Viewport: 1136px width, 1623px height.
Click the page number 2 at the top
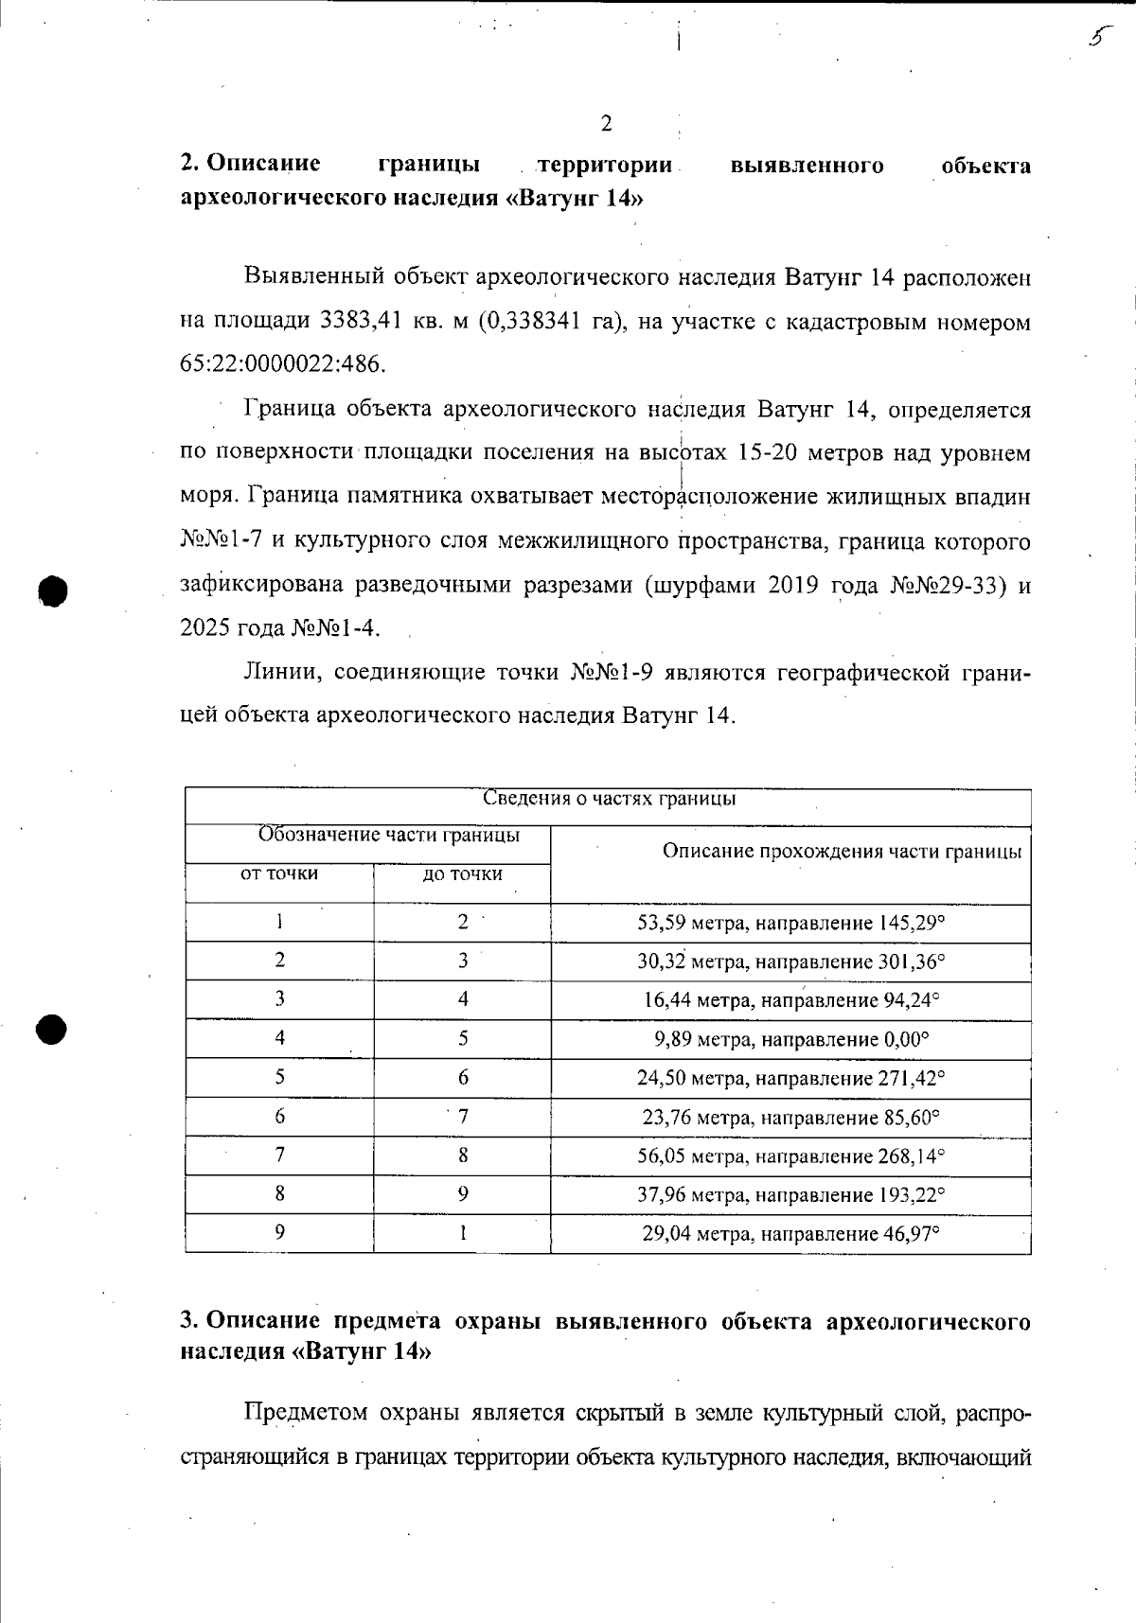[x=606, y=124]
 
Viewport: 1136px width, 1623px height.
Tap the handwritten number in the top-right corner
[x=1098, y=37]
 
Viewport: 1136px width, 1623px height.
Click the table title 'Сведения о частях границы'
[x=609, y=799]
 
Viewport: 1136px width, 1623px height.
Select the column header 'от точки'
[x=279, y=874]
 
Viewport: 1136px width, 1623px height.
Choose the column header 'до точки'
[x=462, y=874]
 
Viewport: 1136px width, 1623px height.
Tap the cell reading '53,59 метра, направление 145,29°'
[x=791, y=923]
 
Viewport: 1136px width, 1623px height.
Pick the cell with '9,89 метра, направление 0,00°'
[x=791, y=1039]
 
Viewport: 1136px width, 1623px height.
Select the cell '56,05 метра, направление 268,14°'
[x=791, y=1156]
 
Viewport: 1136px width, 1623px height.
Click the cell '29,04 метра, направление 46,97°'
[x=791, y=1233]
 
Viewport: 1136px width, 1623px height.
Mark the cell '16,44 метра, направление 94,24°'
[x=791, y=1000]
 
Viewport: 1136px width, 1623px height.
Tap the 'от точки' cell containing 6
[x=279, y=1116]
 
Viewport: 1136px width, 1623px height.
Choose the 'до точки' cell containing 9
[x=463, y=1194]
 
